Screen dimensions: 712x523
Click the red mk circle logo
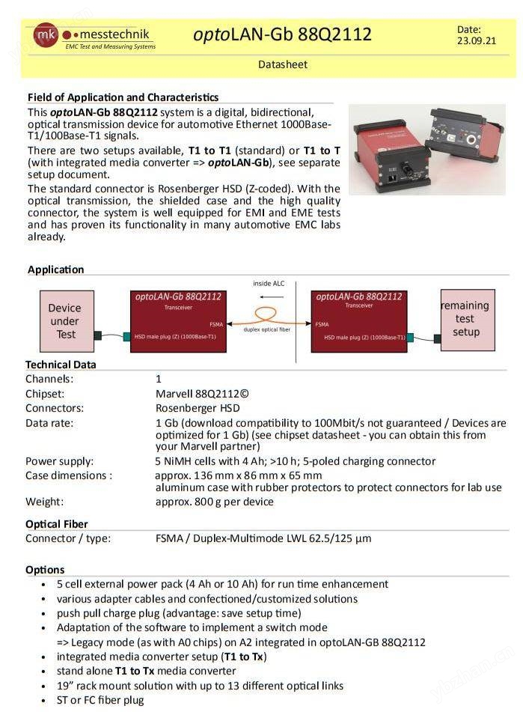coord(45,34)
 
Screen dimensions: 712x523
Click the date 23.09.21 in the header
coord(476,41)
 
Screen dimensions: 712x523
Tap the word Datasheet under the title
coord(283,64)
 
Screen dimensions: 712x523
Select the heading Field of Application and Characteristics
coord(123,97)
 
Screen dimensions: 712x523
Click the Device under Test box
coord(66,321)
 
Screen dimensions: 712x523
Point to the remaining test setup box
coord(467,319)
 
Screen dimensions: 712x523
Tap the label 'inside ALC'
coord(269,284)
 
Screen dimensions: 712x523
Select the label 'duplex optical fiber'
coord(267,329)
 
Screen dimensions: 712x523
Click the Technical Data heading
coord(61,365)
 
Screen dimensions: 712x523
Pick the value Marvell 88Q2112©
coord(201,394)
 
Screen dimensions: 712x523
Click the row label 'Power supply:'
coord(60,461)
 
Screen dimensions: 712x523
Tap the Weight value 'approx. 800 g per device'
coord(214,502)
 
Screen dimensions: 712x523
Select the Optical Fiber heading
coord(57,524)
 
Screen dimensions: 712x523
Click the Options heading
coord(45,570)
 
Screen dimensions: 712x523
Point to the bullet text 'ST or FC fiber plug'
coord(100,700)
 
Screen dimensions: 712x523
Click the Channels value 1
coord(159,379)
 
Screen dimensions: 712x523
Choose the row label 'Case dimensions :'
coord(69,475)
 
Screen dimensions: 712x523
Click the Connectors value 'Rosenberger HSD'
coord(198,408)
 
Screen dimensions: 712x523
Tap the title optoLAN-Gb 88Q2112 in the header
coord(282,34)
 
